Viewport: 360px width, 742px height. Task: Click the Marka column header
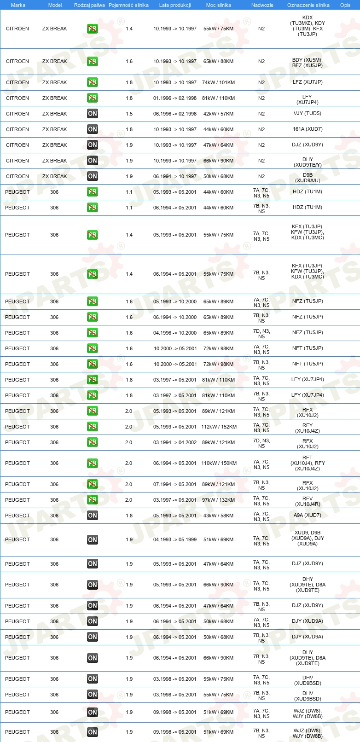18,5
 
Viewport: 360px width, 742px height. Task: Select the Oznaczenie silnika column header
308,5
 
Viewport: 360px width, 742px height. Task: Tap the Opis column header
345,5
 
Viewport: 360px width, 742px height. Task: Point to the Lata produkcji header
175,5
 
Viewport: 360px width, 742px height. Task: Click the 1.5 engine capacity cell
129,114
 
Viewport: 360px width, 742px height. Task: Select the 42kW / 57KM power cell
218,114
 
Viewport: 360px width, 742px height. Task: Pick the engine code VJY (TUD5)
308,113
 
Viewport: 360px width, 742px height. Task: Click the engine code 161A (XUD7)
308,129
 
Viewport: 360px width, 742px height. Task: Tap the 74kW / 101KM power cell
218,82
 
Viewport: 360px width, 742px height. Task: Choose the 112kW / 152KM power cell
219,427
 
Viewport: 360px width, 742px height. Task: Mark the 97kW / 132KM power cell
218,500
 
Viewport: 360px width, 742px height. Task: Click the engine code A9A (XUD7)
308,515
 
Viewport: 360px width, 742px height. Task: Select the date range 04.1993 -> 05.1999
175,539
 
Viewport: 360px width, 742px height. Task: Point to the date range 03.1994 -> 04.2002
175,442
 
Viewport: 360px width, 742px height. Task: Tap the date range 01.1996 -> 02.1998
175,98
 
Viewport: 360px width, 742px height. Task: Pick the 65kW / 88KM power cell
218,61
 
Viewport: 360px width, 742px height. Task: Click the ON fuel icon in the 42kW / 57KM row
93,114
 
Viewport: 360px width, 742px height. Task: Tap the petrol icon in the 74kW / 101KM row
93,82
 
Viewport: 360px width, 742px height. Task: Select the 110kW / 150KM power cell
219,463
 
